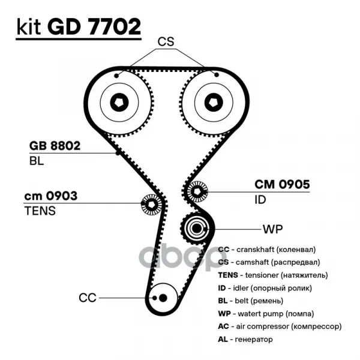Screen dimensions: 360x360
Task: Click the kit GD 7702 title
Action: (x=79, y=27)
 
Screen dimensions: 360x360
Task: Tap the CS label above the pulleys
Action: (x=166, y=41)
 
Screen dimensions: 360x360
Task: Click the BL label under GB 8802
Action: (x=37, y=161)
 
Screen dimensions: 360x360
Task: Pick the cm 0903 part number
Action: (x=50, y=196)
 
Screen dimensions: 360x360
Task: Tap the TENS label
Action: (x=40, y=211)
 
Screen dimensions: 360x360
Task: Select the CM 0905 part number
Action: (x=282, y=185)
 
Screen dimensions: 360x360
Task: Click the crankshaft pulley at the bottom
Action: (x=161, y=297)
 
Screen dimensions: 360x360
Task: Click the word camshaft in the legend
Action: (x=253, y=262)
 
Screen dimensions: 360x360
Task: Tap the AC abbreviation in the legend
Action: (x=224, y=326)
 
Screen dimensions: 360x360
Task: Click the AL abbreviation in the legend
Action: (x=223, y=340)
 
